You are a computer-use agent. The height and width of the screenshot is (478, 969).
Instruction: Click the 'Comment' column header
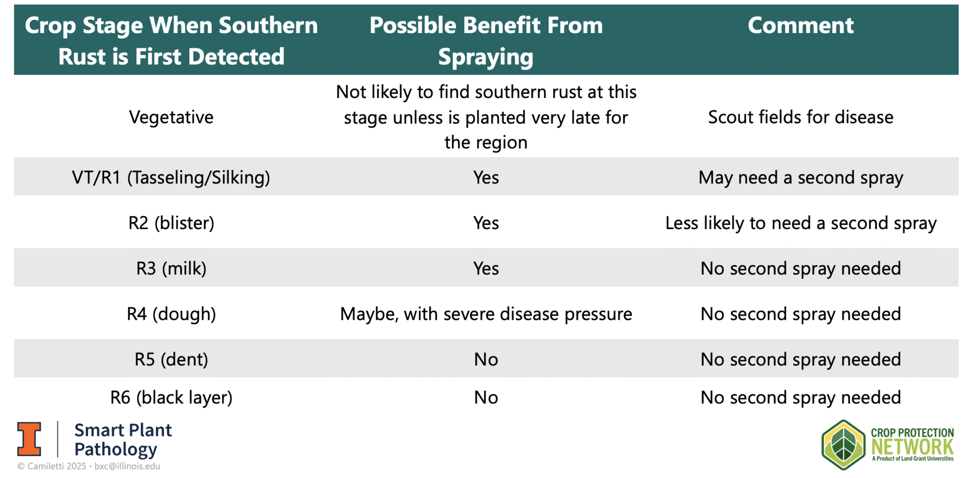800,26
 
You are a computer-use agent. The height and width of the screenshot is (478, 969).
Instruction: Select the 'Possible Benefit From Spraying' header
486,41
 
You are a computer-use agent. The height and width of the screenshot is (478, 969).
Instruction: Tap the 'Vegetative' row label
171,117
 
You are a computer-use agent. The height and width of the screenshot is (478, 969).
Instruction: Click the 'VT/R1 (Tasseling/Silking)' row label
171,177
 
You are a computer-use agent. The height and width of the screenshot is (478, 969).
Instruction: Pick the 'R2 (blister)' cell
171,223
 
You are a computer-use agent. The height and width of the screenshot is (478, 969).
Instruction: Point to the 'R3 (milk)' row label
171,268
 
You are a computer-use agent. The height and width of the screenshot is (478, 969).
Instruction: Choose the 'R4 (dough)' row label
171,314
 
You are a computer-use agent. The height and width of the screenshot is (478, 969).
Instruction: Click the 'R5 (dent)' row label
171,359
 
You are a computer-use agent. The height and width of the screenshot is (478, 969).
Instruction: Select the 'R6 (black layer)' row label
171,398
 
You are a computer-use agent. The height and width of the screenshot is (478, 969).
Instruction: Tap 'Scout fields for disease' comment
801,117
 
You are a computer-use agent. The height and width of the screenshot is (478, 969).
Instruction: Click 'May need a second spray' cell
801,177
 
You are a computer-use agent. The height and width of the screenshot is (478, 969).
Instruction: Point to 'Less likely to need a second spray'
801,223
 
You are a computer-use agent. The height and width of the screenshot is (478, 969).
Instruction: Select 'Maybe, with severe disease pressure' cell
486,314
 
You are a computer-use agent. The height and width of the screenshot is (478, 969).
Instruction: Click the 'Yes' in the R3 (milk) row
486,268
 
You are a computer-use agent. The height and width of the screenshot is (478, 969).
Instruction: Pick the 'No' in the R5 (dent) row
486,359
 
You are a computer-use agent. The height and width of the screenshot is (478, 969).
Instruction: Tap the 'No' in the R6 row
486,398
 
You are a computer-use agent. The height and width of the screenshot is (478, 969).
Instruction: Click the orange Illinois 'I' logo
29,439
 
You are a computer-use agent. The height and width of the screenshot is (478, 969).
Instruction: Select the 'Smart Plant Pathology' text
123,440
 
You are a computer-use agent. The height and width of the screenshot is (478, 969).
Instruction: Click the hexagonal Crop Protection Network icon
843,445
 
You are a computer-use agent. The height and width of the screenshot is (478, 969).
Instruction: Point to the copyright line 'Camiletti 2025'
56,466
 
